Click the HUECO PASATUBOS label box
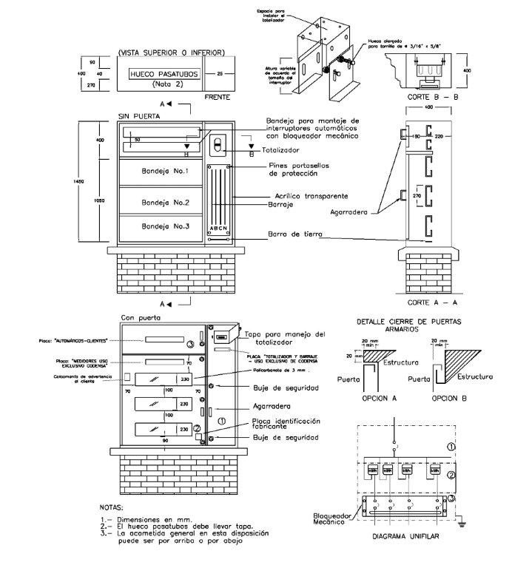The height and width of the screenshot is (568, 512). pyautogui.click(x=161, y=75)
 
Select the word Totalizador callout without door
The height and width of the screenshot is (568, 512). pyautogui.click(x=276, y=150)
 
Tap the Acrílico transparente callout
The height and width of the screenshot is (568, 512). pyautogui.click(x=303, y=196)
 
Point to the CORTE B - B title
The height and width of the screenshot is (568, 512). pyautogui.click(x=434, y=97)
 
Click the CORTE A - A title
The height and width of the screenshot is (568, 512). pyautogui.click(x=434, y=303)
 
